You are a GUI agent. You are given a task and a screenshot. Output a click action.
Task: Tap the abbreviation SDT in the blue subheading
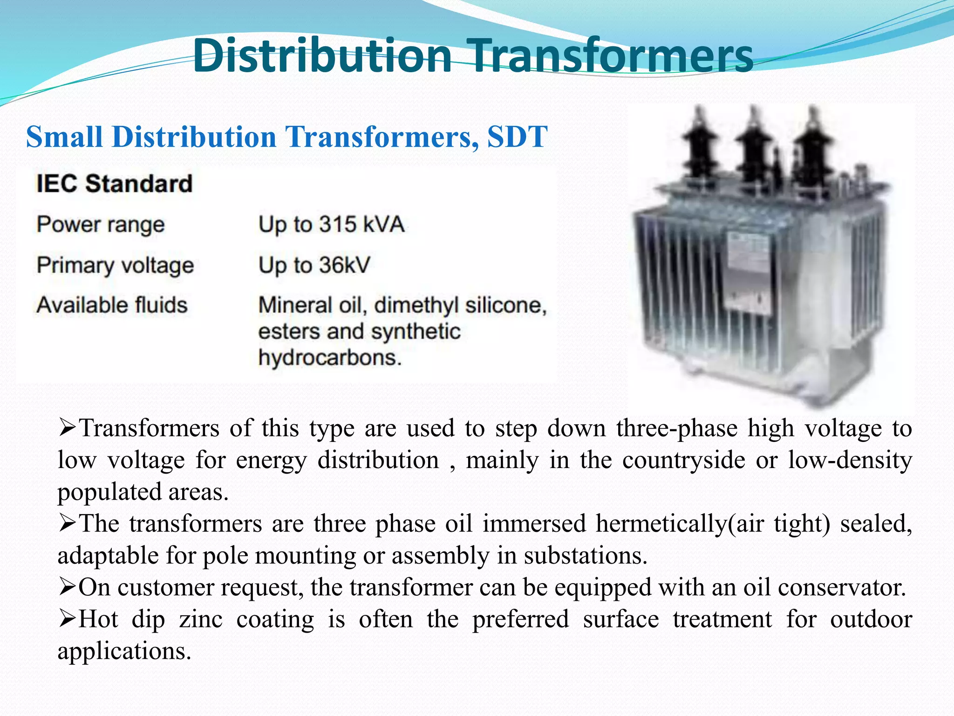click(517, 137)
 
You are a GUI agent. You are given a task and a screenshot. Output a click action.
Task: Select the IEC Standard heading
click(114, 183)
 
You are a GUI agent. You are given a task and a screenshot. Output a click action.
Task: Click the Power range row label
click(101, 225)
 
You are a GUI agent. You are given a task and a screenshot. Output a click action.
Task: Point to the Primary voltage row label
click(115, 266)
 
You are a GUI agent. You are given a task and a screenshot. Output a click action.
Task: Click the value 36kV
click(345, 265)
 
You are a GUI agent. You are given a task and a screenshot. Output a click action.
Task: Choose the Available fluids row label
click(112, 305)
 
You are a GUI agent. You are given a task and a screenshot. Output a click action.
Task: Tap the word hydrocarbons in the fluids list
click(329, 358)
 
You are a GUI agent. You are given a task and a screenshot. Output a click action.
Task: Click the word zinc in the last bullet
click(201, 620)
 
